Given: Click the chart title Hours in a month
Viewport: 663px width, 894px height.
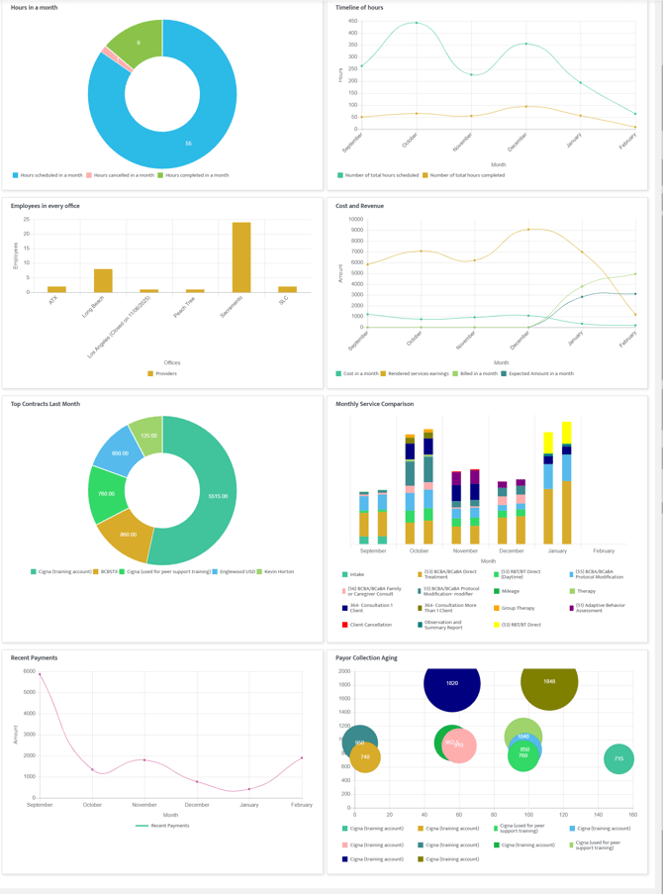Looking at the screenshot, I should (x=34, y=8).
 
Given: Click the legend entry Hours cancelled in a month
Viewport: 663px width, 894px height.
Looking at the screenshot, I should (x=124, y=175).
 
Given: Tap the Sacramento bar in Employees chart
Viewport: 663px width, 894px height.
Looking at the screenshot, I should (x=240, y=256).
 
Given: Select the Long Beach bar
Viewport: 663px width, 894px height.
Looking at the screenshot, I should (x=103, y=280).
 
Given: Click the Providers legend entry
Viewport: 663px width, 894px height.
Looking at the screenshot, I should (x=165, y=373).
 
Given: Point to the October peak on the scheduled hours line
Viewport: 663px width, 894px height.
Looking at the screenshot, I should (x=417, y=23).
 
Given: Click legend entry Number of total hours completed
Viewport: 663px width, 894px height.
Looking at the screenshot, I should (x=464, y=175).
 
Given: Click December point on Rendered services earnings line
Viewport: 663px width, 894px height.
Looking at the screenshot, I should (x=528, y=230).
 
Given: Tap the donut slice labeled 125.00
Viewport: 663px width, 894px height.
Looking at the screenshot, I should (x=147, y=436).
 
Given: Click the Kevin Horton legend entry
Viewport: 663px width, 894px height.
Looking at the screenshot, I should (x=278, y=571).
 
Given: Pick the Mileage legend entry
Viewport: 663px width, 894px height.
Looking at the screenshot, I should (x=510, y=591).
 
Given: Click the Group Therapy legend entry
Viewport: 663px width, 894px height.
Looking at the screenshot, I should (x=518, y=608).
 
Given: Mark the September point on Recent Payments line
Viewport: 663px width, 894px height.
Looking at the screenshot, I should (x=40, y=674).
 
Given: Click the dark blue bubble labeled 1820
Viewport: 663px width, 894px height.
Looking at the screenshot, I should (x=451, y=683).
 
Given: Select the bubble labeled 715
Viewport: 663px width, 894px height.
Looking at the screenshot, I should (x=618, y=759).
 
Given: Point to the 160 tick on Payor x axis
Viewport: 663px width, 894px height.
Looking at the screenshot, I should (x=633, y=815).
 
